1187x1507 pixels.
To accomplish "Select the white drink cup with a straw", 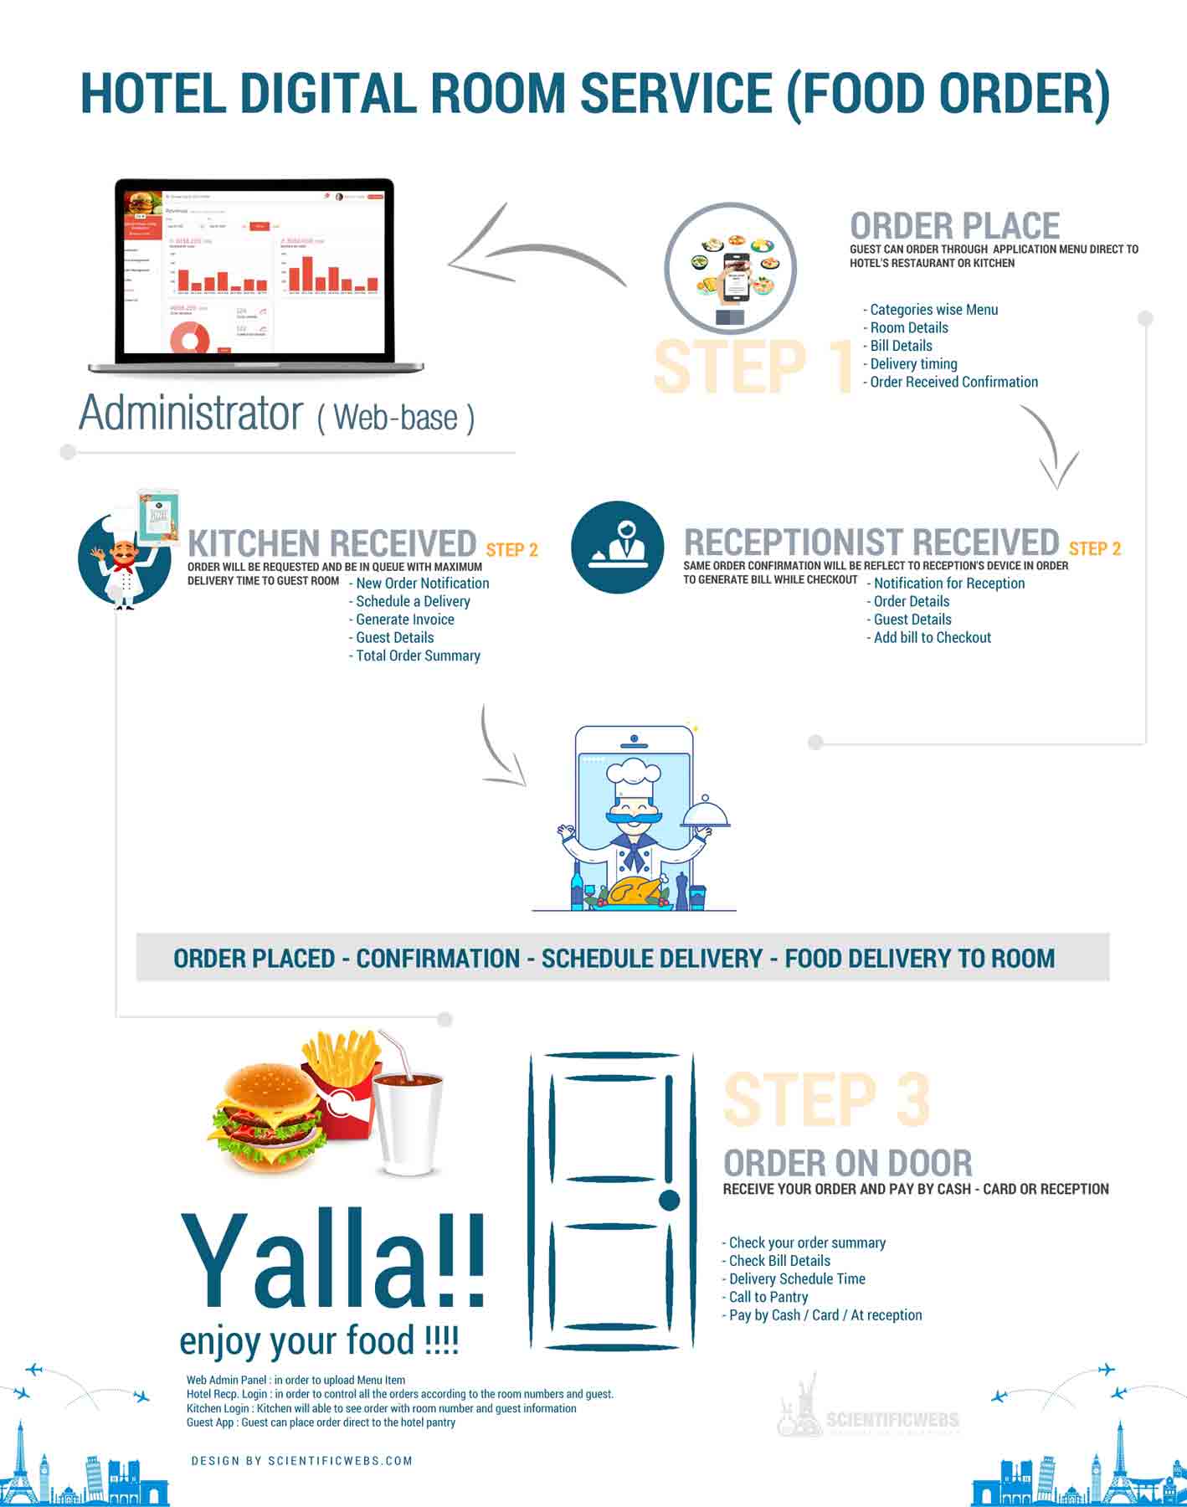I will pyautogui.click(x=408, y=1122).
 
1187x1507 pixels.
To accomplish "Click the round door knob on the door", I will pyautogui.click(x=669, y=1200).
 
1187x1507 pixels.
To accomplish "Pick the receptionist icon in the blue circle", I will pyautogui.click(x=617, y=547).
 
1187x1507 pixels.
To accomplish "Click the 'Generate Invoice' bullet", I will pyautogui.click(x=404, y=620).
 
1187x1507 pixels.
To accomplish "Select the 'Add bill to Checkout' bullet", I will pyautogui.click(x=932, y=637).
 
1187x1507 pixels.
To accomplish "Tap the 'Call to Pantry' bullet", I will pyautogui.click(x=768, y=1297).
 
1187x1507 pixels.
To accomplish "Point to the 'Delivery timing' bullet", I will pyautogui.click(x=913, y=363).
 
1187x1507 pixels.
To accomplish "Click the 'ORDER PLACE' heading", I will pyautogui.click(x=954, y=226).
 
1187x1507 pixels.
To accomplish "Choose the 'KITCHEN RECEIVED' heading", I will pyautogui.click(x=331, y=543).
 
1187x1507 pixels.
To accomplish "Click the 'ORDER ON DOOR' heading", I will pyautogui.click(x=847, y=1163).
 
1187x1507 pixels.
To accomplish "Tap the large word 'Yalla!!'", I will pyautogui.click(x=333, y=1260).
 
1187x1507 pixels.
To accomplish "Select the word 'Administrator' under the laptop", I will pyautogui.click(x=191, y=413).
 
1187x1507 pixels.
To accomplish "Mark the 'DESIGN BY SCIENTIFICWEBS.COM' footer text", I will pyautogui.click(x=301, y=1461).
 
